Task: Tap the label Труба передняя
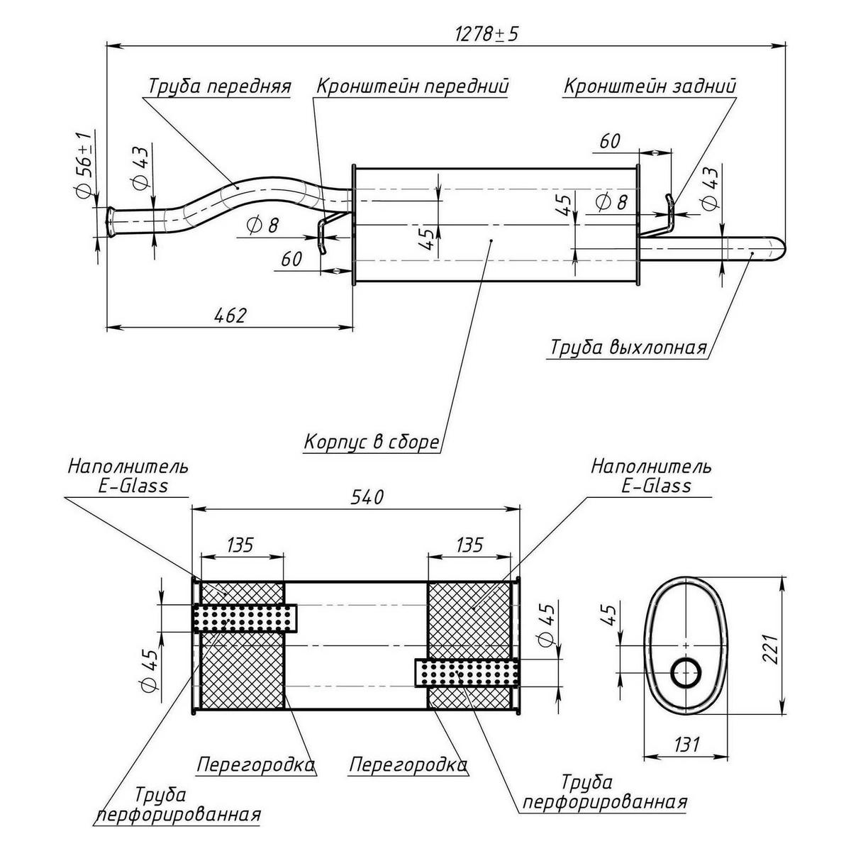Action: click(x=219, y=86)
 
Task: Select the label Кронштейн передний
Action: click(x=412, y=86)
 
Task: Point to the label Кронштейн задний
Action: click(x=650, y=86)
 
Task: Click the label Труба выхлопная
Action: click(x=628, y=348)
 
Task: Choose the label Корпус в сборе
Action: click(x=372, y=442)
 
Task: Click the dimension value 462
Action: click(x=229, y=315)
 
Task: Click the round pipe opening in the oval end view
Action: click(x=686, y=672)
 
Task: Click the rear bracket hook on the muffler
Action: click(x=668, y=212)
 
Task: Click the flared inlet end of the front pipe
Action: click(x=111, y=222)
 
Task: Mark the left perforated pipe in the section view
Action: click(x=245, y=618)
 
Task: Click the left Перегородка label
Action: click(x=255, y=765)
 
